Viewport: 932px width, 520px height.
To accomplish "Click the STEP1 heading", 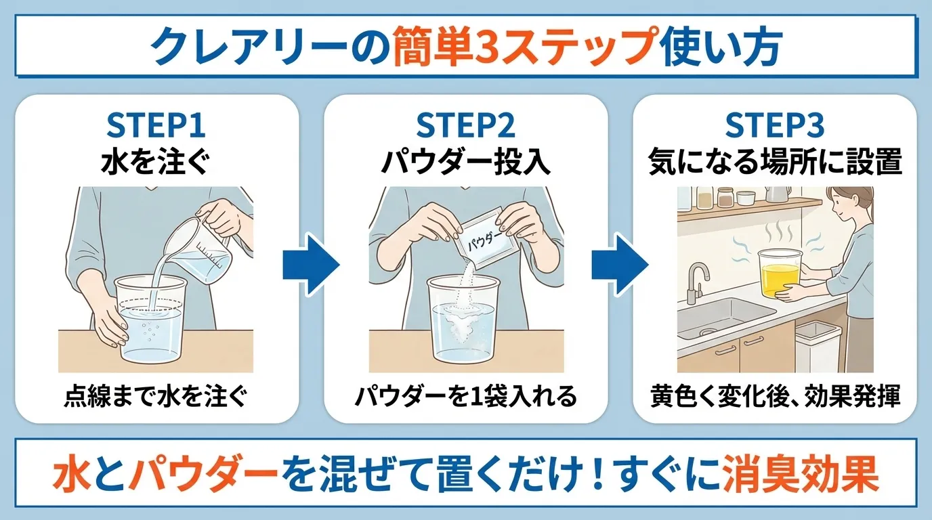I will (x=156, y=126).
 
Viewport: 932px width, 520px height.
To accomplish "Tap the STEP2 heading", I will (x=465, y=126).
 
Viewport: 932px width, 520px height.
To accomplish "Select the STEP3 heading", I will (x=774, y=126).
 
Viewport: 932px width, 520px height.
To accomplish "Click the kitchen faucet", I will (x=696, y=281).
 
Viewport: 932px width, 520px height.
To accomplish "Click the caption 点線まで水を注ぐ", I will (x=156, y=397).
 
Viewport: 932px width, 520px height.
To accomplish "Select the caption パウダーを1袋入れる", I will (x=465, y=397).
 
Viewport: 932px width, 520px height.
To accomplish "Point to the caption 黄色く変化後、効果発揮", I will (x=776, y=397).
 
